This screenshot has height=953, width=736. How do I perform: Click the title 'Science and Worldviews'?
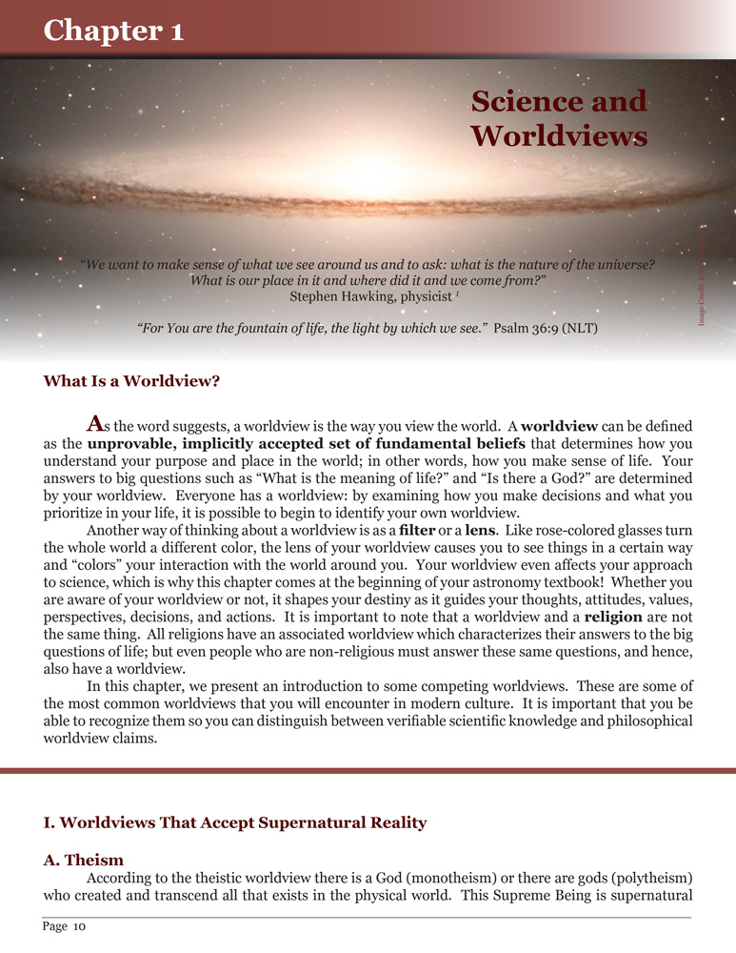[x=559, y=118]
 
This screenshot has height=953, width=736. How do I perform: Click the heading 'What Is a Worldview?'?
[x=131, y=381]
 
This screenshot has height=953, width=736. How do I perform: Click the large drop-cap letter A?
[x=94, y=421]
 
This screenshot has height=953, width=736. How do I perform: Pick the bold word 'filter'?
[x=418, y=528]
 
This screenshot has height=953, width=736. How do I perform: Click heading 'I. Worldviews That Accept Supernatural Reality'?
[x=234, y=821]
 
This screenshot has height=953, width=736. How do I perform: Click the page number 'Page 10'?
[x=65, y=925]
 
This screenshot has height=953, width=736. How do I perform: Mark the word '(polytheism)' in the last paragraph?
[x=650, y=878]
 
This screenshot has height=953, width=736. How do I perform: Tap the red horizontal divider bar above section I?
[x=368, y=770]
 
